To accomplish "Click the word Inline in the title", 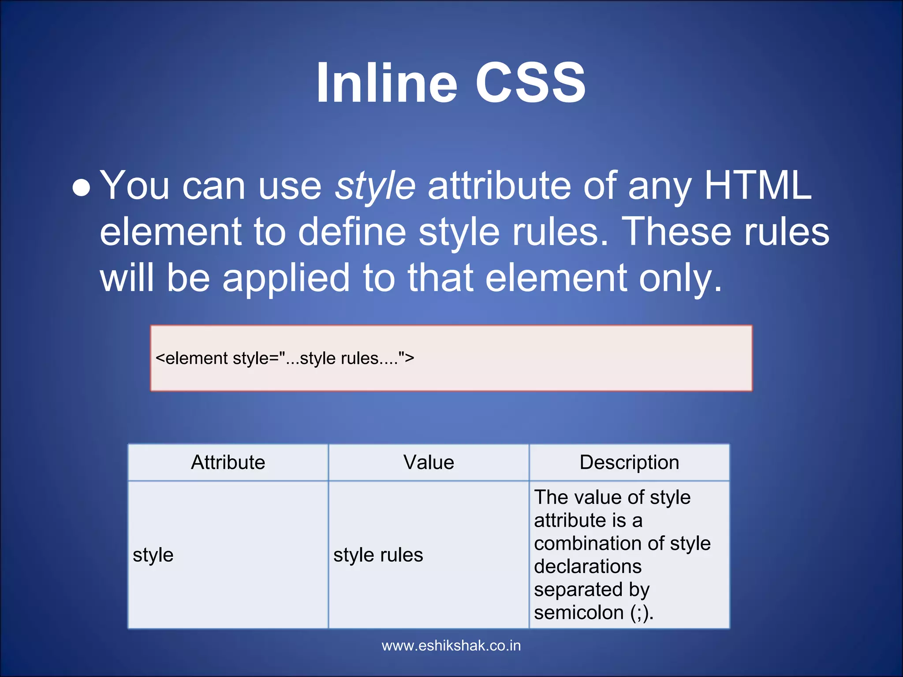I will (x=387, y=83).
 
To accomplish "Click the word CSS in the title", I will (x=530, y=83).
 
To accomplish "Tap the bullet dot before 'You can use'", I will (x=82, y=188).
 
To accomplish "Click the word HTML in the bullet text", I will (x=758, y=185).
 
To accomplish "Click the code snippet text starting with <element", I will (x=285, y=358).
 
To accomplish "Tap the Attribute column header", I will (x=228, y=462).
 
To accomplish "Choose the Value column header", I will (x=429, y=462).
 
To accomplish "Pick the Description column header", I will (x=629, y=462).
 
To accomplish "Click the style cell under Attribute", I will (x=153, y=555).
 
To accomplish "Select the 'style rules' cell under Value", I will (x=378, y=555).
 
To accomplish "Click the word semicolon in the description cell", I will (x=578, y=613).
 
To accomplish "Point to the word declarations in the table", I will (x=587, y=566).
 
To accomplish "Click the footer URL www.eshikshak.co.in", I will (x=451, y=646).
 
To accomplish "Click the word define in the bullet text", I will (x=352, y=232).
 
